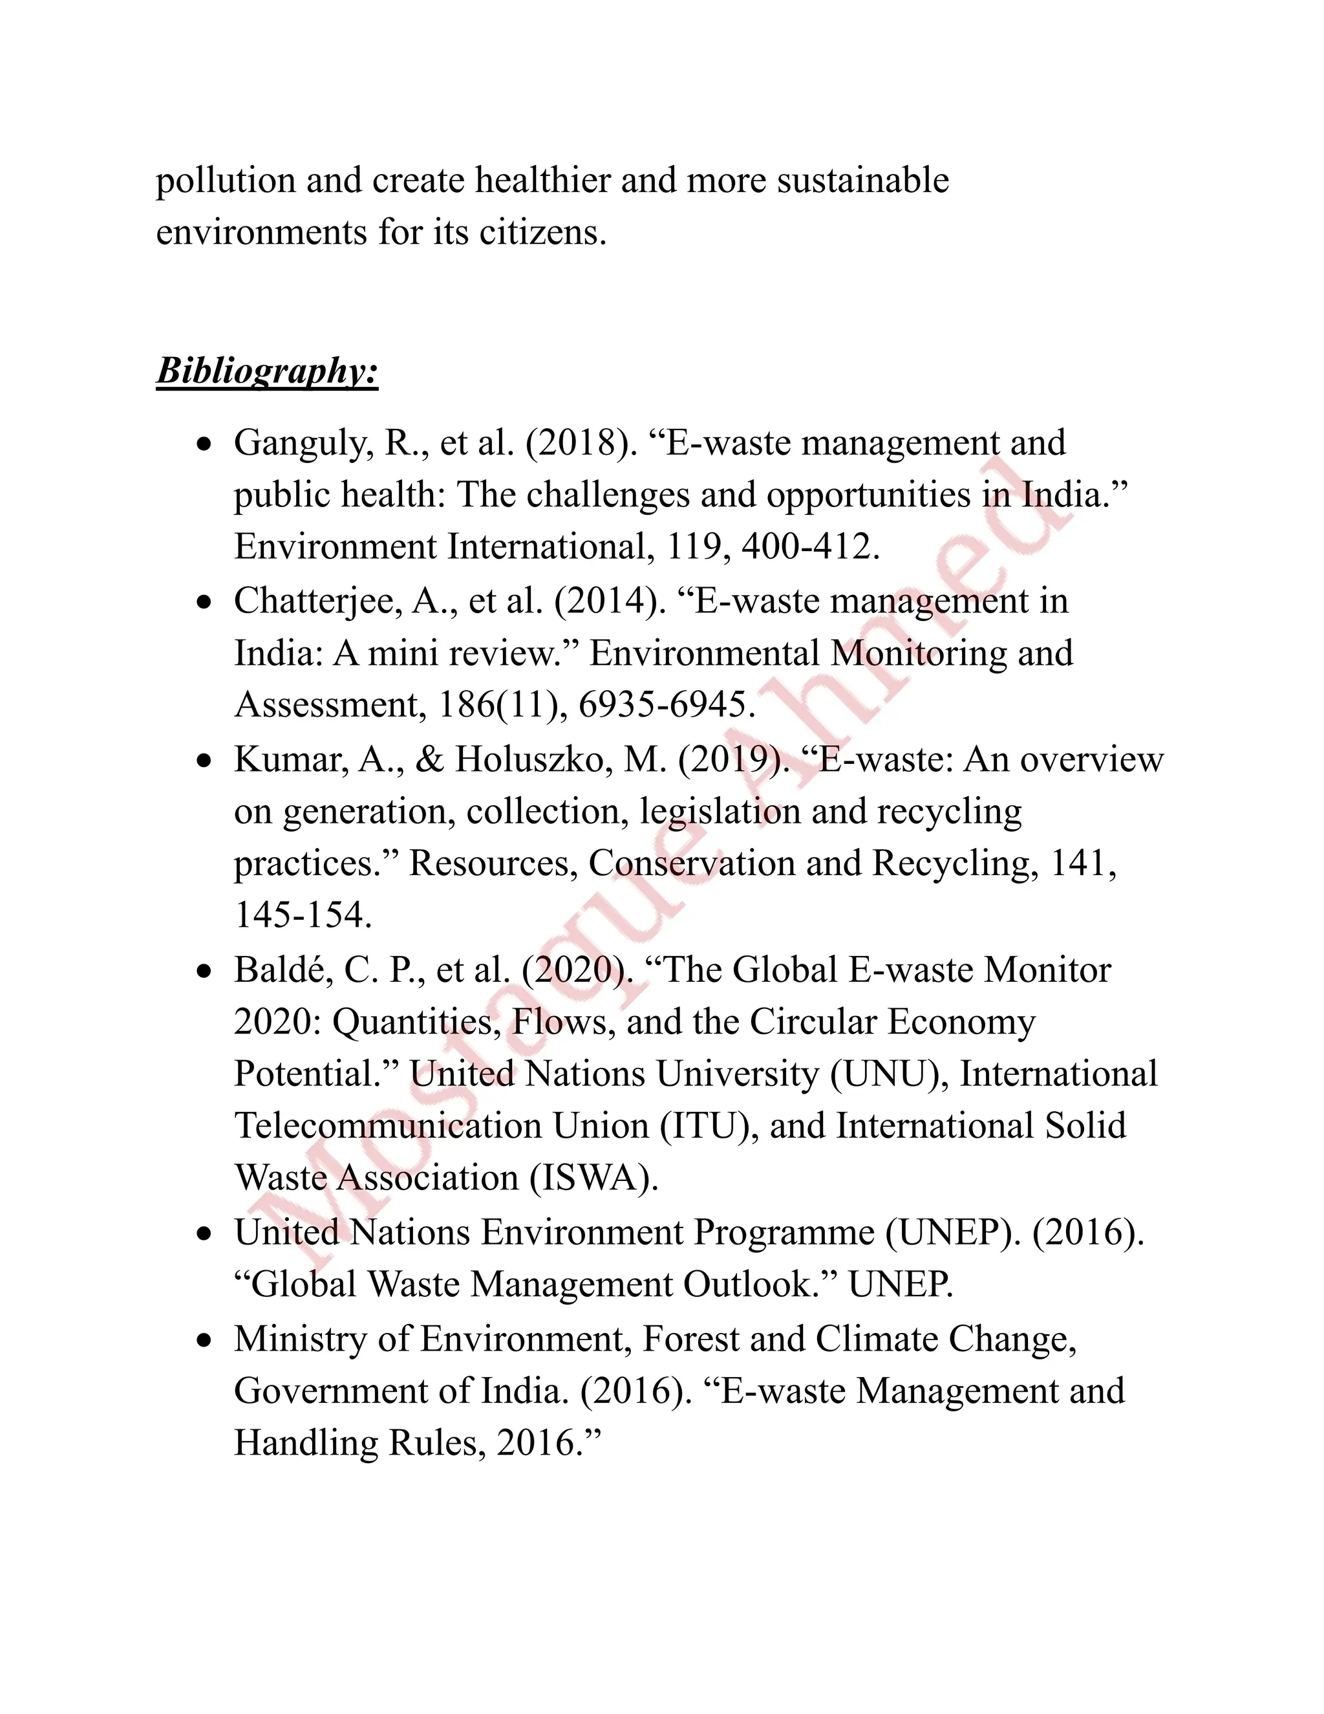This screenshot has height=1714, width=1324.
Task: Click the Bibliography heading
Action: (x=267, y=371)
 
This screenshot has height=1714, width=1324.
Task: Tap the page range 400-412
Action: (x=809, y=547)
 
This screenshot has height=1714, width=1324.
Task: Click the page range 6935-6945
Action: (x=666, y=705)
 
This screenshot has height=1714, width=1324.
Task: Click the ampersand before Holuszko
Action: (x=429, y=760)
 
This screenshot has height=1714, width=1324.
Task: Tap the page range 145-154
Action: (x=302, y=915)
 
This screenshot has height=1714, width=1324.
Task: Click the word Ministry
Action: (x=299, y=1340)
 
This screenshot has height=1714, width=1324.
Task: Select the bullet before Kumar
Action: (x=205, y=761)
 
